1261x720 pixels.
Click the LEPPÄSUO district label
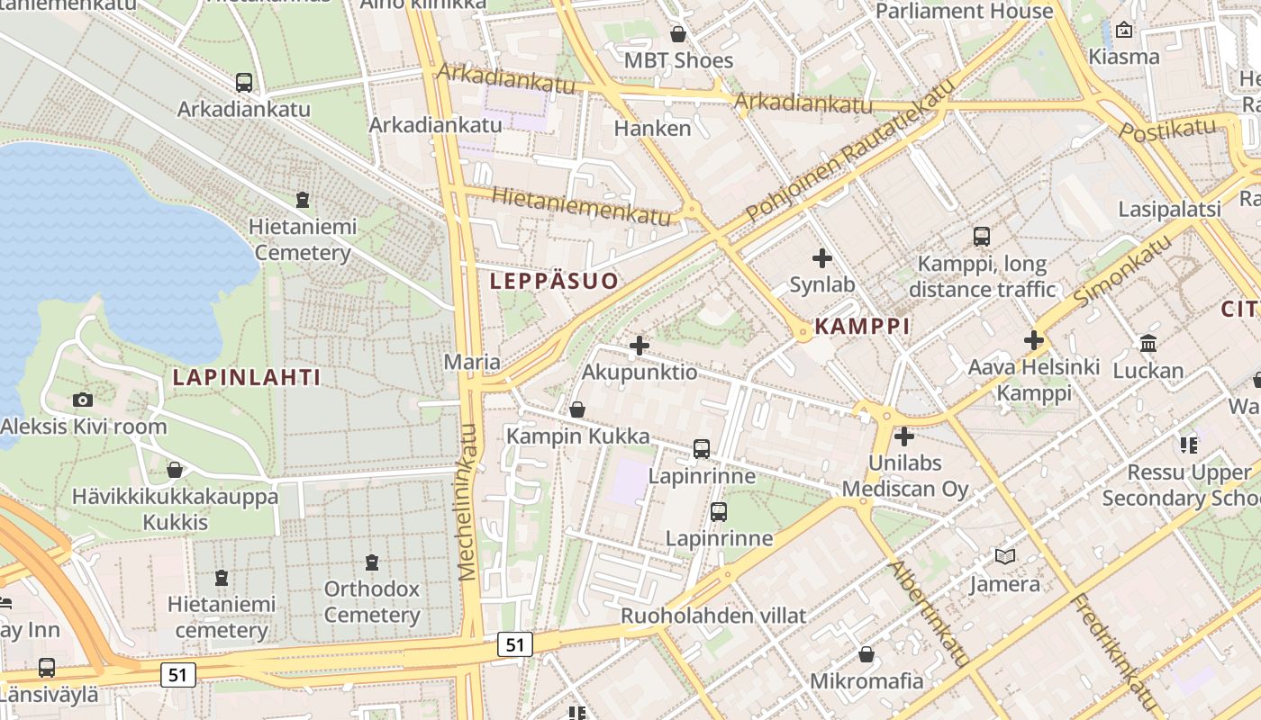tap(554, 281)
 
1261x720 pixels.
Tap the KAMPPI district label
tap(862, 326)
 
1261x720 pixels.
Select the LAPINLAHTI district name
tap(247, 377)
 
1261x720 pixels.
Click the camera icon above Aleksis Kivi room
tap(83, 400)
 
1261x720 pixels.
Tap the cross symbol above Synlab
tap(821, 259)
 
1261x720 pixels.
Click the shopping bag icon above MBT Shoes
tap(678, 34)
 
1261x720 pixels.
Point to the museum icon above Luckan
tap(1148, 344)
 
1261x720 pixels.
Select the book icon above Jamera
tap(1005, 557)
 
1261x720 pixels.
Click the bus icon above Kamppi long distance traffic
tap(981, 237)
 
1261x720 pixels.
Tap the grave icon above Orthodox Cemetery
tap(372, 563)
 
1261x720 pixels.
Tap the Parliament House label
tap(964, 12)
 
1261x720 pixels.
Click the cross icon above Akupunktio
tap(640, 346)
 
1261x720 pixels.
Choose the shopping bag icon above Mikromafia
tap(866, 654)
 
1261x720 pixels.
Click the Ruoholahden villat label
tap(713, 616)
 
